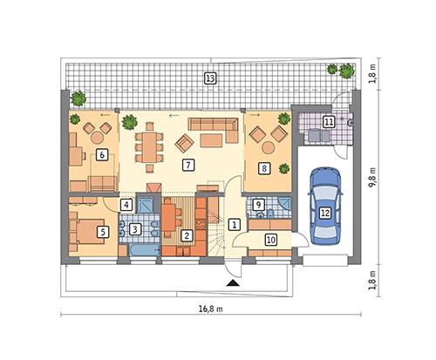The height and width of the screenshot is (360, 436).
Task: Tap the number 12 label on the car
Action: [x=324, y=211]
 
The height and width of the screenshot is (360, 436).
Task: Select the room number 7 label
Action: [x=187, y=164]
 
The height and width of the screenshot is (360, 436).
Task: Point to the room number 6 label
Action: [x=102, y=154]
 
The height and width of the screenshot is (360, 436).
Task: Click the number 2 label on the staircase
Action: [x=187, y=234]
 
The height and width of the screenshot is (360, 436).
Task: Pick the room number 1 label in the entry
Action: [x=234, y=224]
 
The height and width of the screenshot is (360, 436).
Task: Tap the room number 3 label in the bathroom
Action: [x=134, y=229]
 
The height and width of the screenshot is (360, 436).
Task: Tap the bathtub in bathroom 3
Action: [x=140, y=250]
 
